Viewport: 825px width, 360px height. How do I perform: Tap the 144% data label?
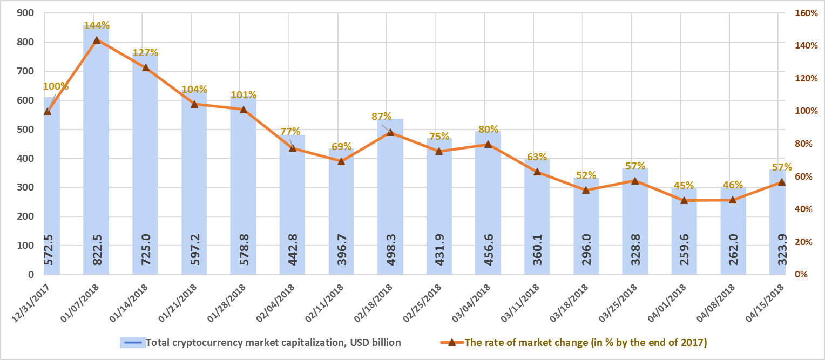click(97, 25)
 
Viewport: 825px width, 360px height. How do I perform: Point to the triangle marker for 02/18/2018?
click(390, 132)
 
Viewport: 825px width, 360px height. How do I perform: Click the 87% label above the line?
click(381, 116)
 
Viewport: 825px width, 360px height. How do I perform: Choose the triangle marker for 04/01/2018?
click(684, 200)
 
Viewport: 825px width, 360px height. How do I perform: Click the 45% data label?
click(684, 186)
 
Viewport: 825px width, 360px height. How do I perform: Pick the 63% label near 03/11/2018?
click(537, 157)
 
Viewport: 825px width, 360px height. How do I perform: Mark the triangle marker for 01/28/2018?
click(243, 110)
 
